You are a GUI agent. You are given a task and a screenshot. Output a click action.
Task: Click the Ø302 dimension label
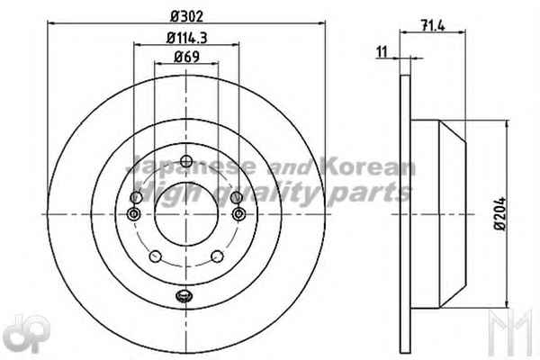click(187, 16)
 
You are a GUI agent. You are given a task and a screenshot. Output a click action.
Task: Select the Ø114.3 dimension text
click(186, 38)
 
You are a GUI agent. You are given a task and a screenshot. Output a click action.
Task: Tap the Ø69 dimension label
click(186, 57)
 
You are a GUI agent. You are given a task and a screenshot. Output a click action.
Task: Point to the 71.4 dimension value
click(433, 25)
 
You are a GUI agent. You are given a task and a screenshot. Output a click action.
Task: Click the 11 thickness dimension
click(382, 52)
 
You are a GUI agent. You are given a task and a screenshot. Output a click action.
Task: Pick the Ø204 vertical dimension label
click(500, 213)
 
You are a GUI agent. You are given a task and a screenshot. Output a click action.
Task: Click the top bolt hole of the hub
click(186, 160)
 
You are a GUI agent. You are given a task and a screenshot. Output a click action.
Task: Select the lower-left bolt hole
click(156, 256)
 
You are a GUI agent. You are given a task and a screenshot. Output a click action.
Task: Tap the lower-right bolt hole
click(217, 256)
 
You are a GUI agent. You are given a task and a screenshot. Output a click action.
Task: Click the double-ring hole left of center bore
click(133, 214)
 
